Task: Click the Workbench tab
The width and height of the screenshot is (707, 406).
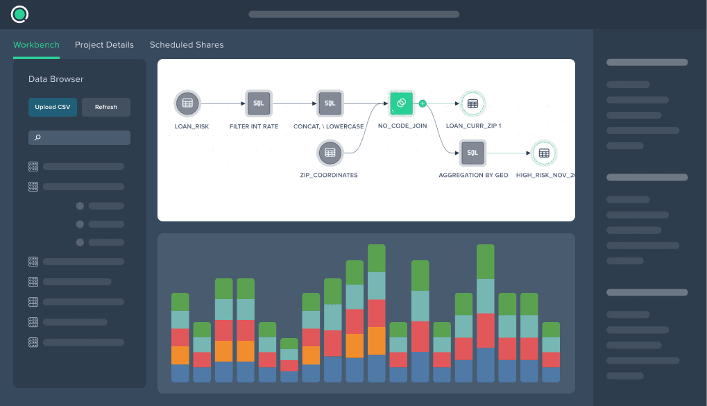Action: point(36,44)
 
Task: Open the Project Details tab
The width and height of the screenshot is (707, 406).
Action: point(104,44)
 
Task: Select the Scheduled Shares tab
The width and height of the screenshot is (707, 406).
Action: point(187,44)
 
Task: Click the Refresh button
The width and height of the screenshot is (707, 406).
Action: point(106,107)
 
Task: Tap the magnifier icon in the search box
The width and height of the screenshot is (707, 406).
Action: point(37,138)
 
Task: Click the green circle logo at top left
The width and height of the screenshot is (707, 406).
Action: point(19,14)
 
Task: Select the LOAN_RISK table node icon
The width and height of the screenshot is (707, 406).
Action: point(187,103)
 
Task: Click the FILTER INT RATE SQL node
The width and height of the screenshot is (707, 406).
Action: point(258,103)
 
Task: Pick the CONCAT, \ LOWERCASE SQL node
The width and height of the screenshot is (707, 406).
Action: point(330,103)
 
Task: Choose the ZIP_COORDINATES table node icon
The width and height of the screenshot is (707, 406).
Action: point(330,152)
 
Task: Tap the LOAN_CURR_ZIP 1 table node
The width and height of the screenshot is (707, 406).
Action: point(472,103)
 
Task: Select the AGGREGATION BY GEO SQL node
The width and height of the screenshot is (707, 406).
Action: point(472,152)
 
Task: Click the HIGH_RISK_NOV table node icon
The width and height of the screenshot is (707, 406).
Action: point(544,152)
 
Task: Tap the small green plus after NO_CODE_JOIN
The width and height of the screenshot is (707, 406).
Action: point(422,103)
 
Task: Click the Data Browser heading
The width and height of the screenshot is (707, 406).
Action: point(56,79)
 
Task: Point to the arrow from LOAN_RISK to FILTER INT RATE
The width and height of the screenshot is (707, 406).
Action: point(222,103)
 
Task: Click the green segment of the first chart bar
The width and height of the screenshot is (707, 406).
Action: point(180,302)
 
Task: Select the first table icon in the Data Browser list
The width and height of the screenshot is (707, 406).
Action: point(33,167)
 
